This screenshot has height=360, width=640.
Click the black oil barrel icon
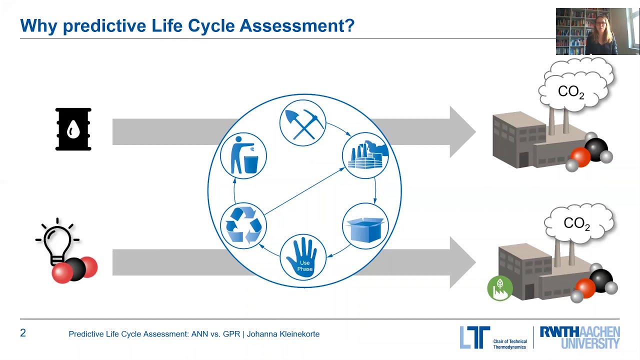click(73, 129)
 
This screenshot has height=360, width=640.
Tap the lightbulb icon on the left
click(57, 242)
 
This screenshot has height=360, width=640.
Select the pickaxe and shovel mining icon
click(302, 123)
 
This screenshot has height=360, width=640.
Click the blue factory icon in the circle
click(365, 155)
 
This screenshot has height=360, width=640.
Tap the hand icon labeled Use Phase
click(303, 257)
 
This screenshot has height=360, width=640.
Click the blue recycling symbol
click(243, 225)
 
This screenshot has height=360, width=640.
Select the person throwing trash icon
click(243, 155)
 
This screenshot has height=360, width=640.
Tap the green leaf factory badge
click(499, 288)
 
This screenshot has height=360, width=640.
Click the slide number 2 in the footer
click(23, 333)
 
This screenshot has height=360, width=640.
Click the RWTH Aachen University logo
click(579, 337)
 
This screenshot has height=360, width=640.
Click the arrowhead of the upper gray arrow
click(462, 132)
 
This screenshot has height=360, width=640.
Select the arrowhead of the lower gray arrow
click(462, 262)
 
